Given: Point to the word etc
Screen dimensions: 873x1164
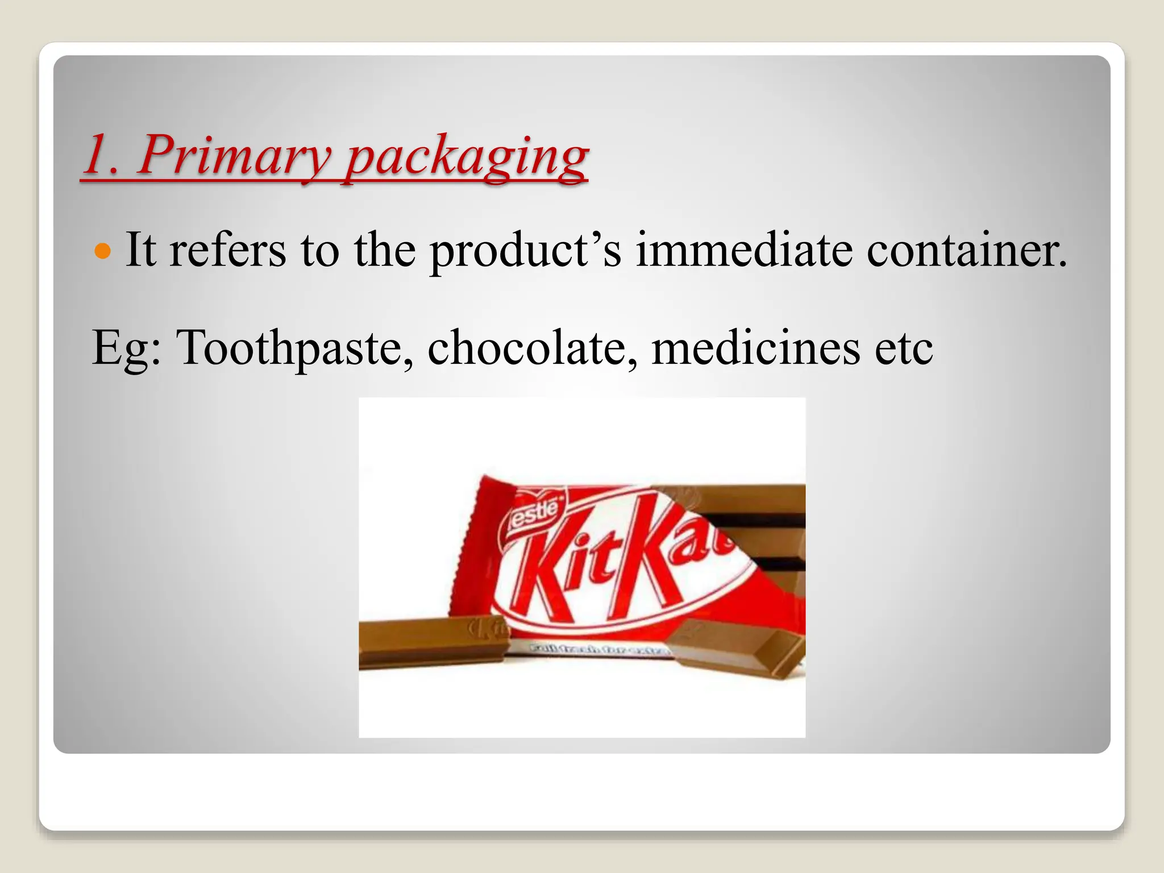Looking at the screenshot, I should (x=904, y=348).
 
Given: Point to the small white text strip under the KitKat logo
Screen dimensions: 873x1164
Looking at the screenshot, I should (x=597, y=649).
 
